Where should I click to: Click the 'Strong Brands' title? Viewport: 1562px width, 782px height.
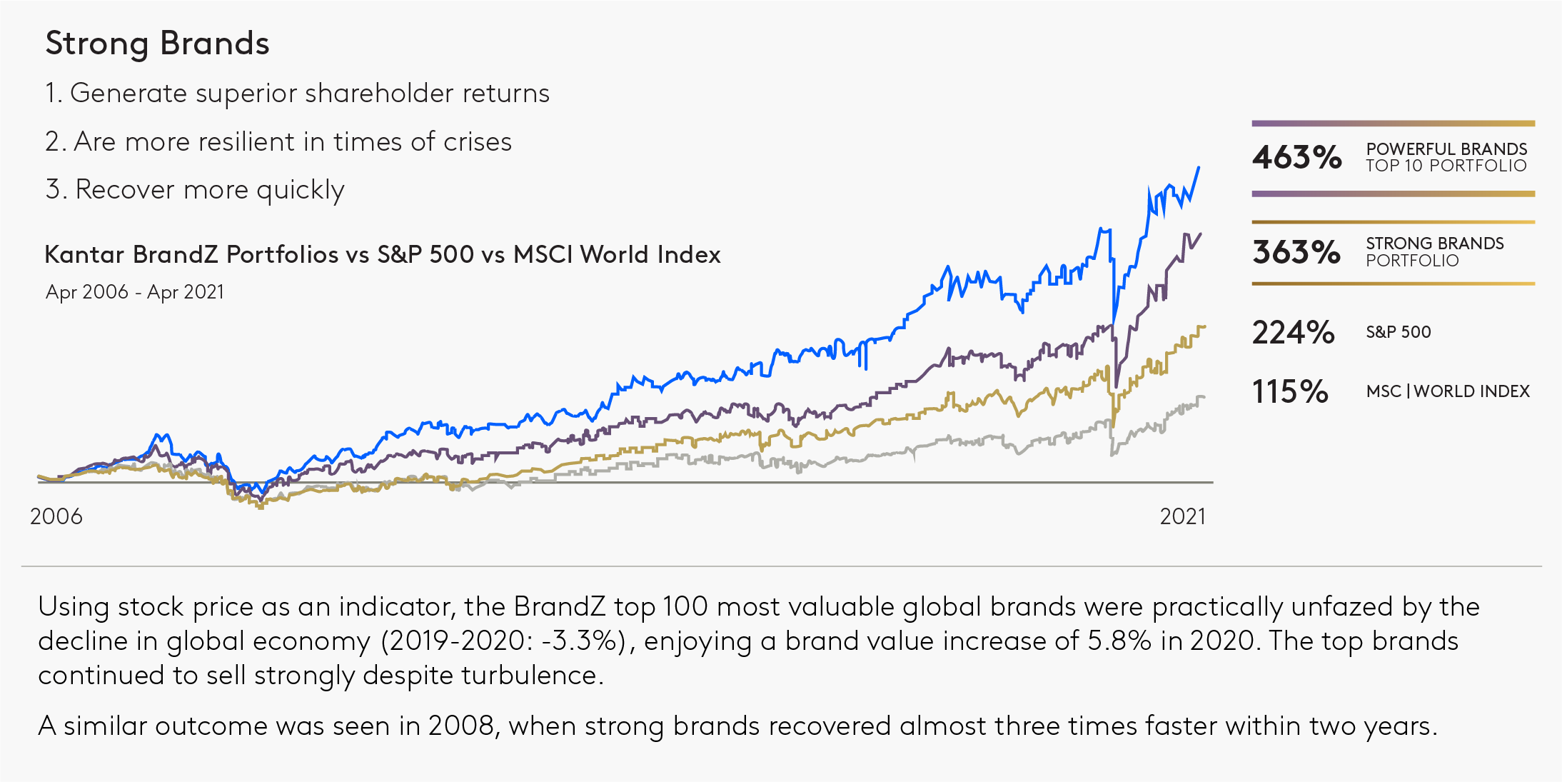(157, 44)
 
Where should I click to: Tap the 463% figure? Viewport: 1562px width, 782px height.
(1296, 158)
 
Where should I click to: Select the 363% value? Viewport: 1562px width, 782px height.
(1296, 252)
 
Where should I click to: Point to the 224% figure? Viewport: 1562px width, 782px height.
(1293, 333)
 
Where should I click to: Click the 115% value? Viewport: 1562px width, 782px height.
(1290, 392)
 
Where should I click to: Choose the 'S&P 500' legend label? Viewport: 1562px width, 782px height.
(1398, 332)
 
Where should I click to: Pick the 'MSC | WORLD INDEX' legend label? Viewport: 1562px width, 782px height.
(1447, 391)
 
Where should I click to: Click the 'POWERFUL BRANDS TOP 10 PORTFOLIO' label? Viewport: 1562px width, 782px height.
(1446, 157)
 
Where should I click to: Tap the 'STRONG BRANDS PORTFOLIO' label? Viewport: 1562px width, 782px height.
(1434, 252)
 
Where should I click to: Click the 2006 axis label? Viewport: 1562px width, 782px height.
(56, 516)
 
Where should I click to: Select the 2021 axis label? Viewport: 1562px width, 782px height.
(1182, 516)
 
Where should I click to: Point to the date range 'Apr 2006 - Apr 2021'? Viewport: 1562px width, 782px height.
(135, 292)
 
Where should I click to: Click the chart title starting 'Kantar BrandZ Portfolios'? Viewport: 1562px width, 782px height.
(383, 255)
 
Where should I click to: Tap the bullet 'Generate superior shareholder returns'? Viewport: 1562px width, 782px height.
(297, 94)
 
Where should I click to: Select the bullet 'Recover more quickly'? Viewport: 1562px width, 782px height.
(195, 190)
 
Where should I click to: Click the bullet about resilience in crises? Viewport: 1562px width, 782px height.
(278, 142)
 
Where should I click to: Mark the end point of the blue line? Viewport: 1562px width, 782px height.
(1199, 168)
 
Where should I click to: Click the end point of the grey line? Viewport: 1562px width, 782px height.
(1204, 397)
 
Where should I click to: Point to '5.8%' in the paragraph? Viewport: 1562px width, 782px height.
(1119, 641)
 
